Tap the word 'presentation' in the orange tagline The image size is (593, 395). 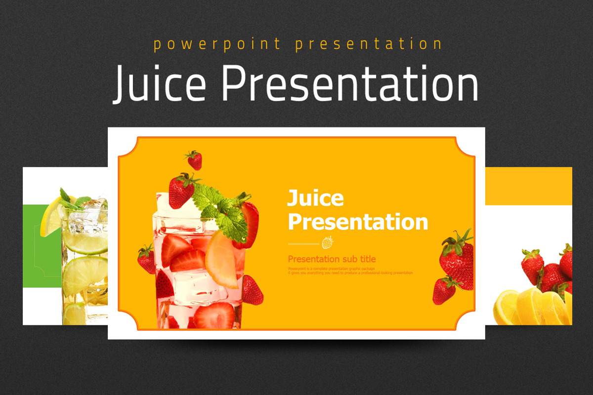tap(369, 44)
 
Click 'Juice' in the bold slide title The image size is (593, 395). tap(315, 198)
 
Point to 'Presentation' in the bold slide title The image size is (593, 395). tap(358, 222)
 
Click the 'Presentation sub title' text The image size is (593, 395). tap(332, 259)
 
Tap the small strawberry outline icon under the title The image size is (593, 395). tap(327, 242)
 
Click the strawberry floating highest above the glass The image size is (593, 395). tap(194, 159)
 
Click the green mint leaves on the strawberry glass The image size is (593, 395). tap(220, 210)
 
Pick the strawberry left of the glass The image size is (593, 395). tap(146, 259)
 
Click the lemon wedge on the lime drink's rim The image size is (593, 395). tap(51, 217)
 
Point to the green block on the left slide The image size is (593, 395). tap(42, 244)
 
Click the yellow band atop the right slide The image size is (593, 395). tap(529, 186)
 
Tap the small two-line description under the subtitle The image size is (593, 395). tap(350, 271)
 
